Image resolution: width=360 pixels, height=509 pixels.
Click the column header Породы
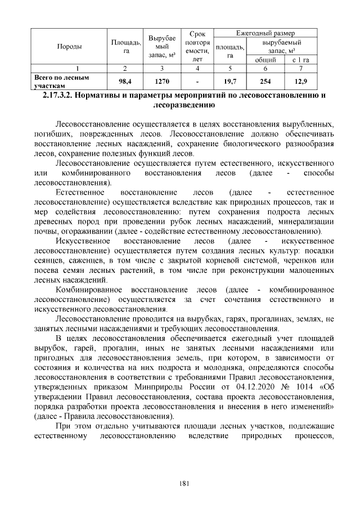70,46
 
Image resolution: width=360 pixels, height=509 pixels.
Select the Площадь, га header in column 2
125,46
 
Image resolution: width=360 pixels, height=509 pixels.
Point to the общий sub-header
265,60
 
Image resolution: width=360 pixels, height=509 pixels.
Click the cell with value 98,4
125,81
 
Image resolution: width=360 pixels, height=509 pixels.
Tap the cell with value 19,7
229,81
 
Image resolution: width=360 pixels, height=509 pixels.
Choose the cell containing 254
265,81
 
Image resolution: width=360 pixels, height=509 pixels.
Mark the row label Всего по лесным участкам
54,81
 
